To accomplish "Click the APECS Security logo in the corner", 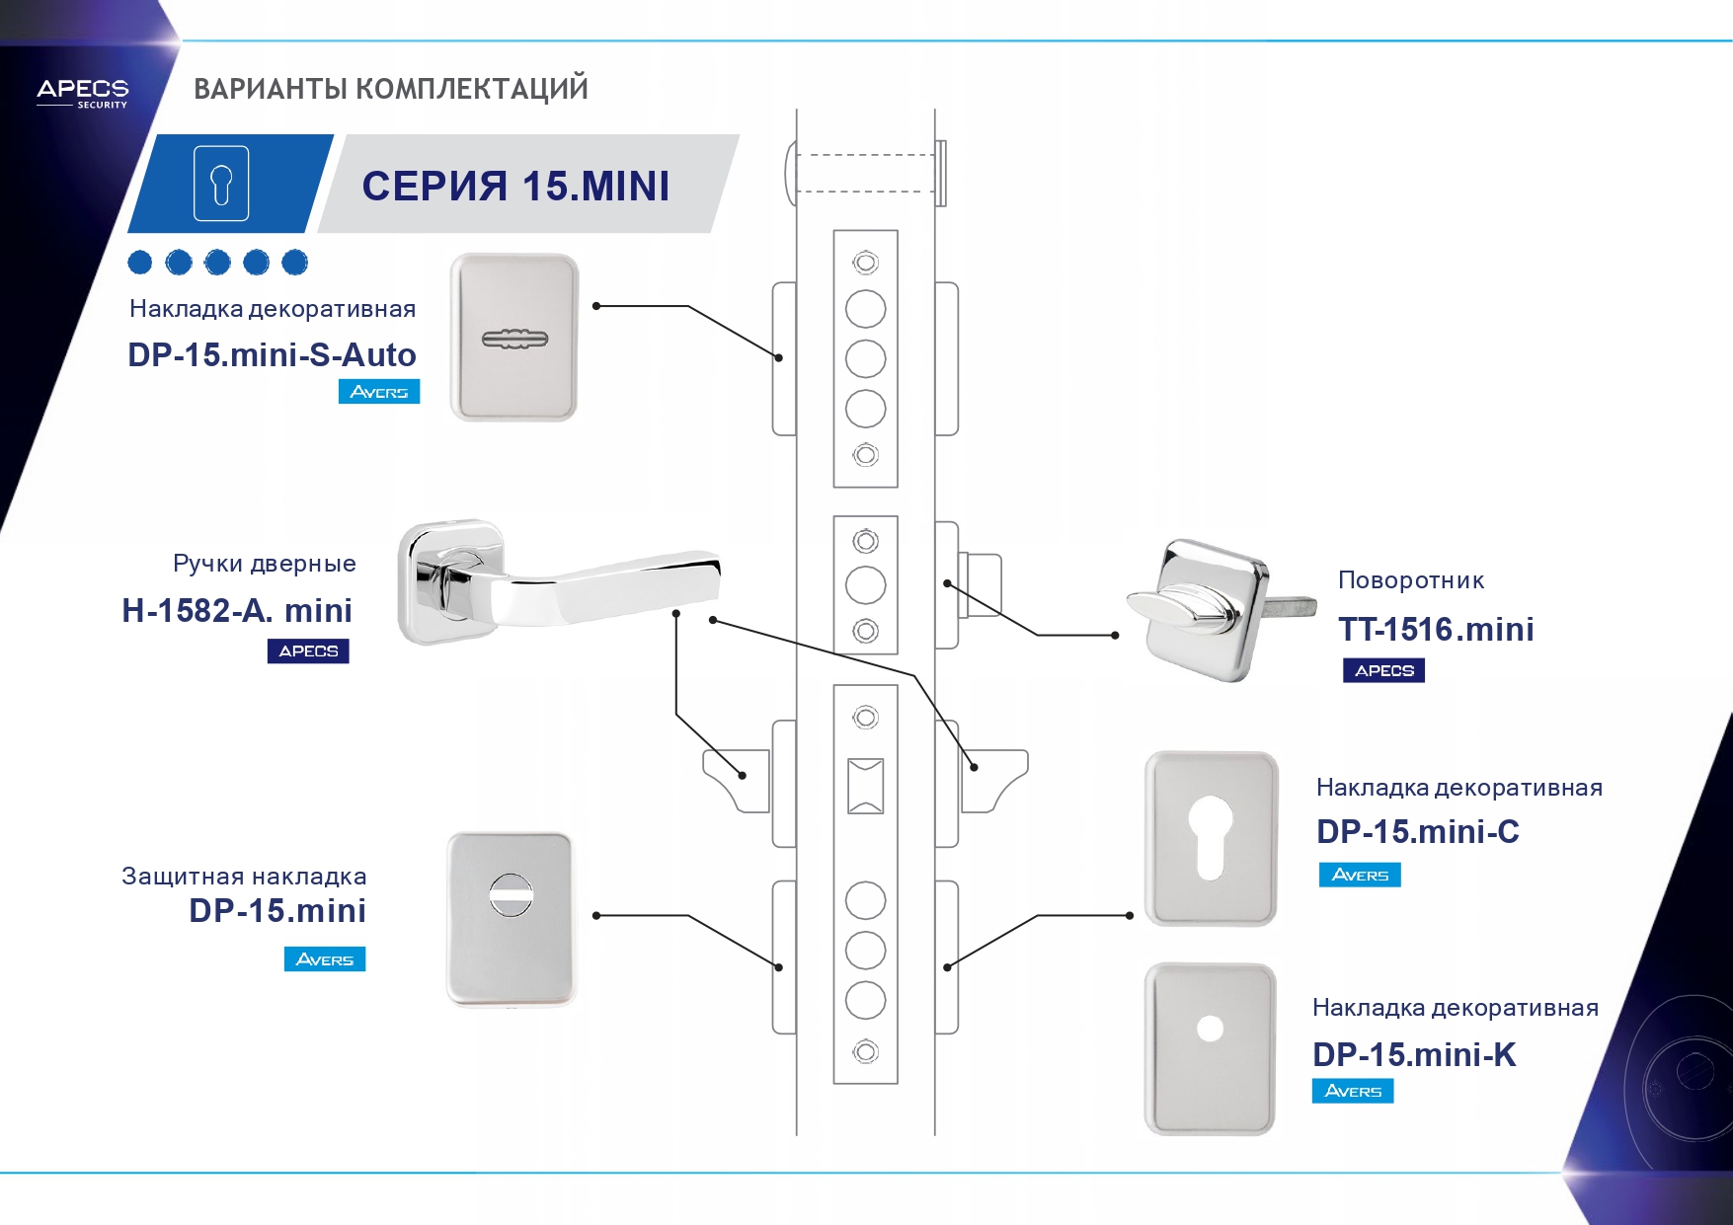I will point(83,93).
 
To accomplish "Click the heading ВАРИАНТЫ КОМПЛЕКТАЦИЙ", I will point(391,89).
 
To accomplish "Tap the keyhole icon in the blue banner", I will point(221,184).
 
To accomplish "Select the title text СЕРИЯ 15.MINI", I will point(515,187).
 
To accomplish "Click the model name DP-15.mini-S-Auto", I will point(272,354).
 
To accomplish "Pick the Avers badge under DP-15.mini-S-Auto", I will point(379,392).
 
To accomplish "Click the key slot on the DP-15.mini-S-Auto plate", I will point(513,340).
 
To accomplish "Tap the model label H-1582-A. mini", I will point(237,610).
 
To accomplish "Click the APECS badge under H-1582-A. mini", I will point(308,651).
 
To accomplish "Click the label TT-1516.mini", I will point(1436,629).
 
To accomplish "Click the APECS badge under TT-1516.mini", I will point(1383,671).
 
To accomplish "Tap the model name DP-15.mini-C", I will point(1417,832).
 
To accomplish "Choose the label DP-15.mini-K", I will point(1414,1054).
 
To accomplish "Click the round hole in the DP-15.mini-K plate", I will point(1210,1030).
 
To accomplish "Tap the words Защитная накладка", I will point(244,877).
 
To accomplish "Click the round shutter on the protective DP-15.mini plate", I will point(512,895).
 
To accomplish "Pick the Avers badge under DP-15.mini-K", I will point(1353,1091).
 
